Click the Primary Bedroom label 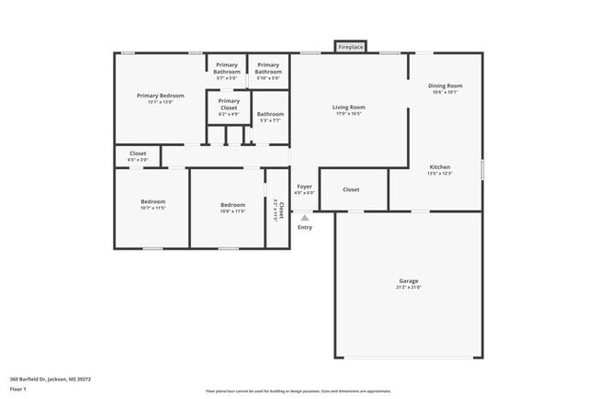(161, 96)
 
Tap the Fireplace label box (350, 46)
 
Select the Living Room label (348, 108)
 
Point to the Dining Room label (444, 86)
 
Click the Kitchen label (440, 166)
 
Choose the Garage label (409, 281)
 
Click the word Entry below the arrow (305, 227)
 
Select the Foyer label (305, 187)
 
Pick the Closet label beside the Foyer (351, 189)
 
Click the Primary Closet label (229, 104)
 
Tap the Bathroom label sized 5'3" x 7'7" (270, 114)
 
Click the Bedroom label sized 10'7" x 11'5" (153, 201)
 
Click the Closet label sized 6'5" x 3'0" (138, 154)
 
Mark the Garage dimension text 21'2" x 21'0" (409, 288)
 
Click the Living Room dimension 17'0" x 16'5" (348, 114)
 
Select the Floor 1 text (18, 390)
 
